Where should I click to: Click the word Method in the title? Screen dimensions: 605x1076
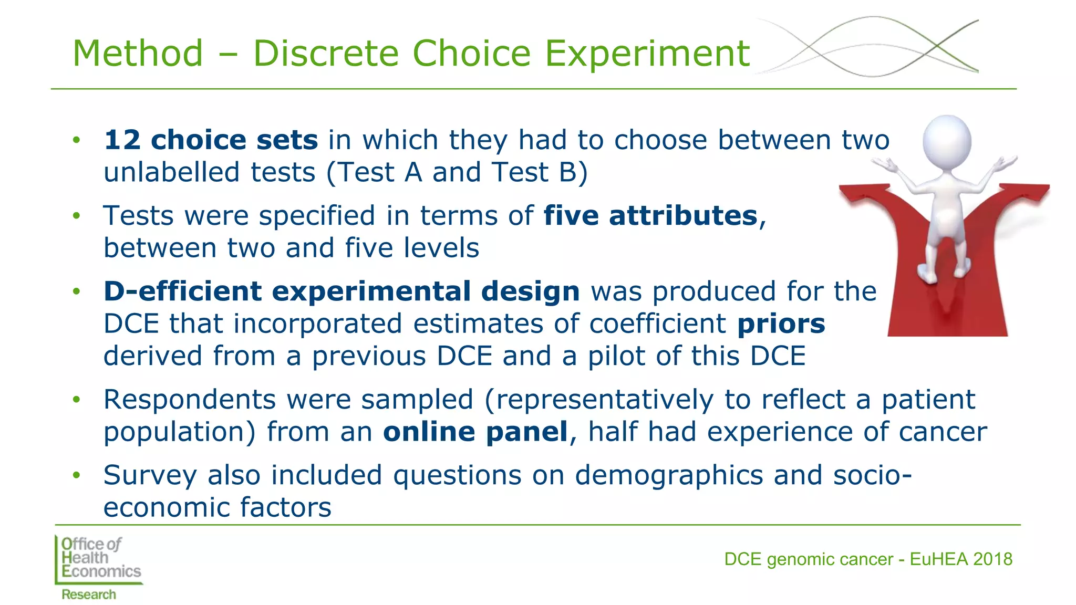[x=138, y=54]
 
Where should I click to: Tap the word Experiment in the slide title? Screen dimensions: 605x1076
[x=647, y=54]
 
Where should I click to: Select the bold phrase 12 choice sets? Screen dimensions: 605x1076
[x=211, y=140]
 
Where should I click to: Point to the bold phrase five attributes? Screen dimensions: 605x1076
[x=650, y=215]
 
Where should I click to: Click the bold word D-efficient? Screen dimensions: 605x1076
[x=182, y=291]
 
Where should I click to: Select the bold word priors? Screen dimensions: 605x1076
[x=781, y=324]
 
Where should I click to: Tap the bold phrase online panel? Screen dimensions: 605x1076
[x=475, y=432]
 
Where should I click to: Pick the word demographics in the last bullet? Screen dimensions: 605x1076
[x=668, y=475]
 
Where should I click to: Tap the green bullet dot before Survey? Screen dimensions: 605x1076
[x=77, y=475]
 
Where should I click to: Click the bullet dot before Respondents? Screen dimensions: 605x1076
[x=77, y=400]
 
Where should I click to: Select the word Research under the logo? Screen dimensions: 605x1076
[x=88, y=594]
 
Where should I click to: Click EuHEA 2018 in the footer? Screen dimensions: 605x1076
[x=960, y=559]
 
